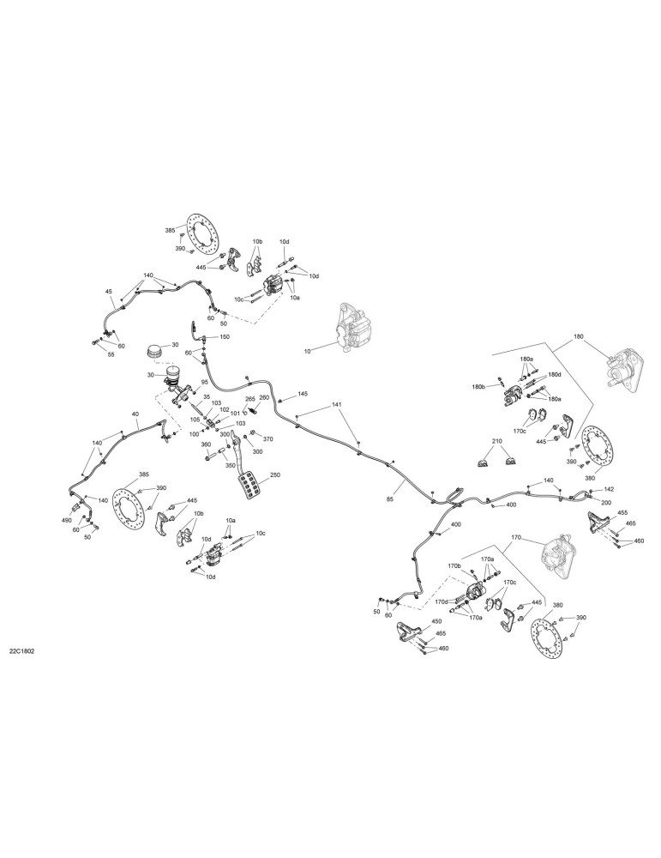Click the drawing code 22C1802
pyautogui.click(x=22, y=652)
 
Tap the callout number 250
pyautogui.click(x=275, y=475)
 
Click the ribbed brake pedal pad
pyautogui.click(x=250, y=486)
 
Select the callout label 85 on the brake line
pyautogui.click(x=389, y=499)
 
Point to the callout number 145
pyautogui.click(x=303, y=394)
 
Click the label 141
pyautogui.click(x=336, y=405)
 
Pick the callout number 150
pyautogui.click(x=225, y=337)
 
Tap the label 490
pyautogui.click(x=67, y=521)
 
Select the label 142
pyautogui.click(x=609, y=490)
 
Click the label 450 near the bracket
pyautogui.click(x=436, y=621)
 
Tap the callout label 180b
pyautogui.click(x=479, y=386)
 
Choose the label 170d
pyautogui.click(x=442, y=601)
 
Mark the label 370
pyautogui.click(x=267, y=438)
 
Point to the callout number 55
pyautogui.click(x=111, y=354)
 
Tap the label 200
pyautogui.click(x=606, y=503)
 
